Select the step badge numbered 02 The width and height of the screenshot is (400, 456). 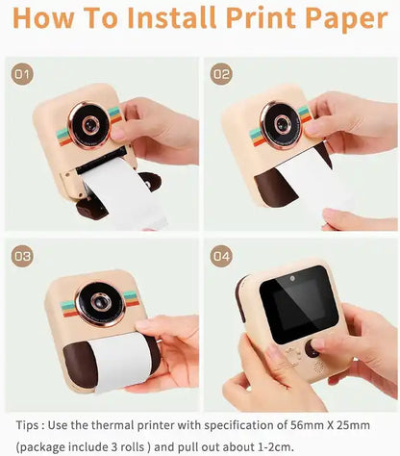[221, 74]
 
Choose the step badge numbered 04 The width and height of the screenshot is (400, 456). [221, 257]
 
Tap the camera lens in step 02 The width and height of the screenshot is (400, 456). [280, 125]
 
